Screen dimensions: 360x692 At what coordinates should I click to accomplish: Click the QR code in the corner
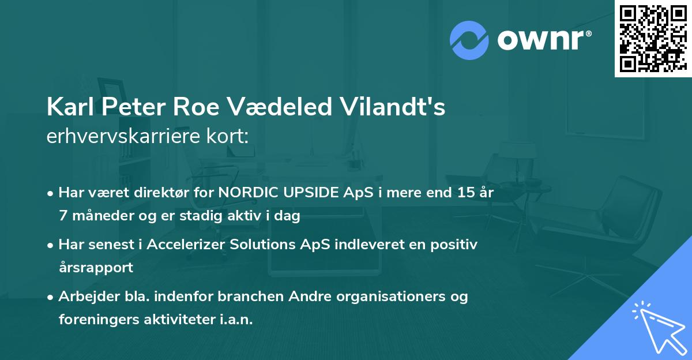pyautogui.click(x=652, y=38)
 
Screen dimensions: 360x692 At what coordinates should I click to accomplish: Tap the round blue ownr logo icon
pyautogui.click(x=469, y=40)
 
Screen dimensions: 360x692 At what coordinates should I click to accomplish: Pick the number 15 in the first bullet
pyautogui.click(x=464, y=192)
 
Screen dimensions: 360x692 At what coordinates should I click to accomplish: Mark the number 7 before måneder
pyautogui.click(x=62, y=216)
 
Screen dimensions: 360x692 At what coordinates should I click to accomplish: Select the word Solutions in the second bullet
pyautogui.click(x=259, y=244)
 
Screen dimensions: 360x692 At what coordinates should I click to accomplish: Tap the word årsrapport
pyautogui.click(x=96, y=268)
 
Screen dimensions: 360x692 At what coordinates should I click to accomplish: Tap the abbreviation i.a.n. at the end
pyautogui.click(x=235, y=320)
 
